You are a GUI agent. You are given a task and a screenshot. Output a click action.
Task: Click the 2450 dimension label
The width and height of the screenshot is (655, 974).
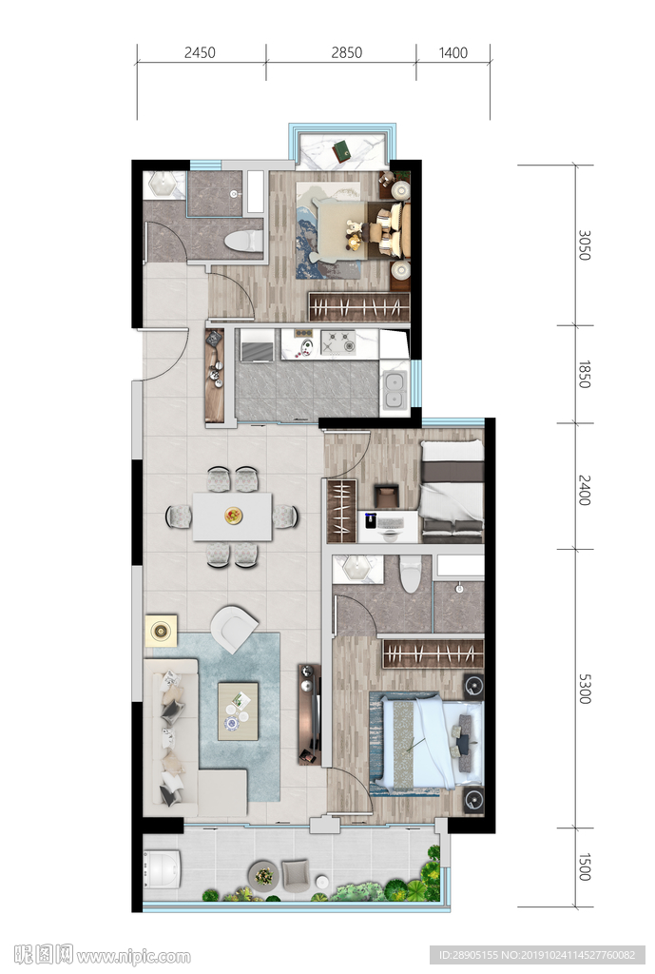tap(200, 53)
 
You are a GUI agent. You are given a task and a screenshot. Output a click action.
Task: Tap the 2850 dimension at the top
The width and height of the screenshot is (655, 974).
tap(346, 53)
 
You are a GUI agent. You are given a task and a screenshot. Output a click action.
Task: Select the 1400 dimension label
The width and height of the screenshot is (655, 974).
tap(453, 53)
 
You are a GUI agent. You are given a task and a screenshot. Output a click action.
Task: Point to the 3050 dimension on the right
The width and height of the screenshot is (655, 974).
tap(585, 245)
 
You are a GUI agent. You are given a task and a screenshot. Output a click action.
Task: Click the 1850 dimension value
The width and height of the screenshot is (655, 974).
tap(585, 375)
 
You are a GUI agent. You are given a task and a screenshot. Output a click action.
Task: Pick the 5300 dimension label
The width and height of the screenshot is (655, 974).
tap(585, 689)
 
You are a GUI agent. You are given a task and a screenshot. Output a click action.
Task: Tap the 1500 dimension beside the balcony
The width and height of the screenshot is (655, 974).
tap(585, 867)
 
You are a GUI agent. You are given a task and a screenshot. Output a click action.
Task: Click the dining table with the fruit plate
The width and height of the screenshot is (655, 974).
tap(232, 516)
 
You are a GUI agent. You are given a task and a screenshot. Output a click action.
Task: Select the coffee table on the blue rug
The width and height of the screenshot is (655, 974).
tap(238, 711)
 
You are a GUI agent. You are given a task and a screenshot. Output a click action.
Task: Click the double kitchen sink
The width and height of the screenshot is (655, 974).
tap(395, 390)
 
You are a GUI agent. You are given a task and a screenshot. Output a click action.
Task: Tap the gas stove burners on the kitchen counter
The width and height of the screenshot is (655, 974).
tap(338, 341)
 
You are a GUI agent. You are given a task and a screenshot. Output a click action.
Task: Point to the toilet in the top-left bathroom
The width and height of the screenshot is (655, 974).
tap(243, 241)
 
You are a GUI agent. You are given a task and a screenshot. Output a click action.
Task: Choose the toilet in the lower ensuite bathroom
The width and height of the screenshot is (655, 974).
tap(411, 574)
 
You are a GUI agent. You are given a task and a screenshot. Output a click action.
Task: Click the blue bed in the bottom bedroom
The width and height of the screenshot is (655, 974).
tap(432, 743)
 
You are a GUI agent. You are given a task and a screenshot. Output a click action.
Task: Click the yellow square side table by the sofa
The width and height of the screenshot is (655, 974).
tap(161, 632)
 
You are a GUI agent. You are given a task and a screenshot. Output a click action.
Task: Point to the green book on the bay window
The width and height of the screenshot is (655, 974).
tap(341, 149)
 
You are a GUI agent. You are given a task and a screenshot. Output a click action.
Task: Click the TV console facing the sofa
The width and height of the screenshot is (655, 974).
tap(309, 714)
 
